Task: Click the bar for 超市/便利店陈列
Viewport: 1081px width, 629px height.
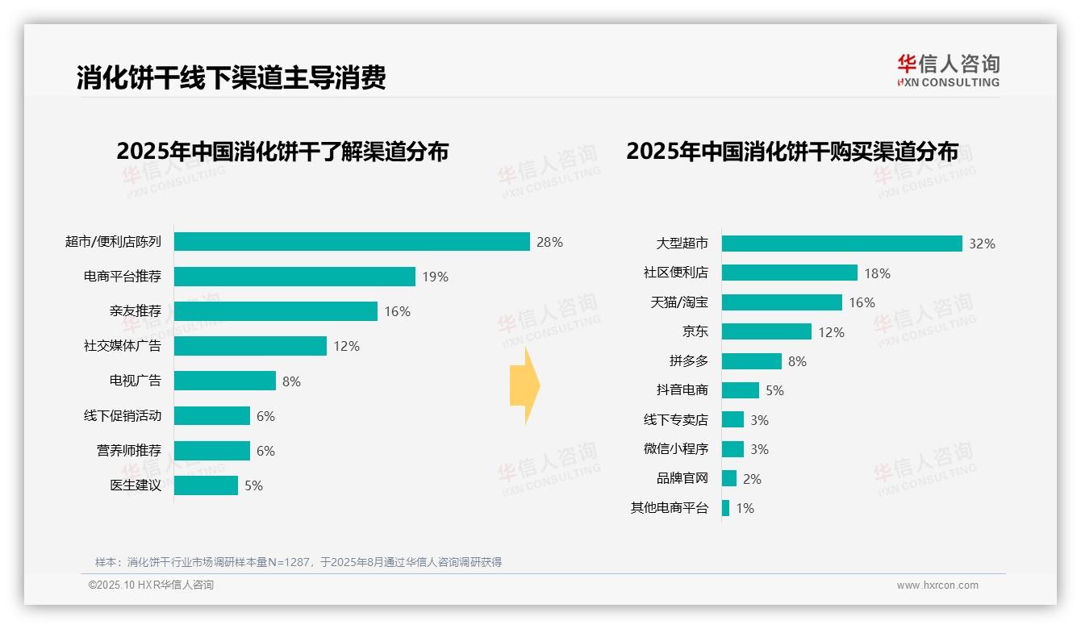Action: (352, 242)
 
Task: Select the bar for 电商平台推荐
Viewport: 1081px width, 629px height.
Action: (294, 277)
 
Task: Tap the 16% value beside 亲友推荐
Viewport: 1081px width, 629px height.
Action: (397, 311)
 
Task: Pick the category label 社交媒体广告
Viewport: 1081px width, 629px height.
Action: (123, 346)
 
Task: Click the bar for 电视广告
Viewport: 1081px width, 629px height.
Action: (225, 381)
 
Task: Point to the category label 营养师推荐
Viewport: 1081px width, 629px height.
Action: (129, 451)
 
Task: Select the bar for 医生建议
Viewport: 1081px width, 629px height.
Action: (206, 485)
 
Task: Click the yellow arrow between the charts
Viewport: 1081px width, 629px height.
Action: (524, 386)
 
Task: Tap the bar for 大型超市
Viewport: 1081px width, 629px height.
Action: (841, 244)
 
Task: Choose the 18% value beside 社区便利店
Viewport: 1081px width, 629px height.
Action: (877, 273)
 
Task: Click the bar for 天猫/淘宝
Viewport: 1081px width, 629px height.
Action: (782, 302)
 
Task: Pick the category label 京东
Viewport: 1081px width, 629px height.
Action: (695, 331)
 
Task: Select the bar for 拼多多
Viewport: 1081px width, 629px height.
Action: (751, 361)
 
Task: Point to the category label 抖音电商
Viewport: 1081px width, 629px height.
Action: (682, 390)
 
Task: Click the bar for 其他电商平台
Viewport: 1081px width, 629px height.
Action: (725, 508)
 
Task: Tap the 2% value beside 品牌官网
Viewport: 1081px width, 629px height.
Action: (752, 479)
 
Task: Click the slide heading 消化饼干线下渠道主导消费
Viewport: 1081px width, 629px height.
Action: (231, 77)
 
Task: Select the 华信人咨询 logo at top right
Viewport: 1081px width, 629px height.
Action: (948, 71)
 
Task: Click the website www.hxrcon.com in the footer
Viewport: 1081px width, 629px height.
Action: (937, 585)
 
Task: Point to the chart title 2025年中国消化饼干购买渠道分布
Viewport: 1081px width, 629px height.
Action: (792, 152)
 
